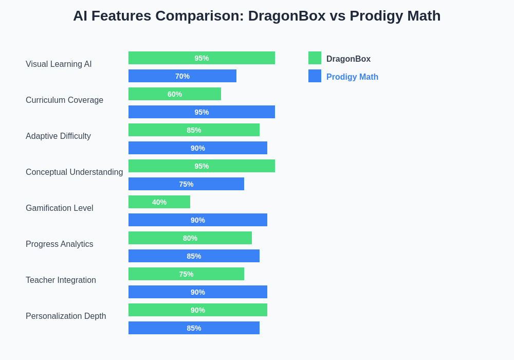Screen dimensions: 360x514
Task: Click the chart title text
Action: pos(256,16)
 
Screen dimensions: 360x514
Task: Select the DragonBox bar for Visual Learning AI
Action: pos(201,58)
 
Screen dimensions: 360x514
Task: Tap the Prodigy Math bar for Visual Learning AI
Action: pos(182,76)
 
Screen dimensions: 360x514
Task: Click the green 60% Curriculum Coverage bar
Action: pos(175,94)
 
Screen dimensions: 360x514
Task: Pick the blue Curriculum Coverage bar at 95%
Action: pos(201,112)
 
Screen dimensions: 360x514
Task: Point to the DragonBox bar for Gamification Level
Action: pos(159,202)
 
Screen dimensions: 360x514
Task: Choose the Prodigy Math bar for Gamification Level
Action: pos(198,220)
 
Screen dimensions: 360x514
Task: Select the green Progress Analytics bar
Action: pos(190,238)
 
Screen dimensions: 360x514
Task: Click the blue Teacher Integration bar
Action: pos(198,292)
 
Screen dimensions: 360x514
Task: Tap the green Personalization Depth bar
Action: pos(198,310)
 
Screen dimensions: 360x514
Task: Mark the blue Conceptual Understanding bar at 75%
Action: pos(186,184)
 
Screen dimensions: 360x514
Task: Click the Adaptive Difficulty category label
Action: pos(58,136)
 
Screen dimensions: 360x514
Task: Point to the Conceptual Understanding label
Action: pos(74,172)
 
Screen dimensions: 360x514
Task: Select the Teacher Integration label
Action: pos(61,280)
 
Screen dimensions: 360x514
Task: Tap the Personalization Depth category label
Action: pos(66,316)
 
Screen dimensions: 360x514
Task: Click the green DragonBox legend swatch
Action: pos(315,58)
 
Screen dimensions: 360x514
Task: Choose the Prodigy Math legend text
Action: pos(352,77)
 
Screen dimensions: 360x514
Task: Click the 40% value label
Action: pos(159,202)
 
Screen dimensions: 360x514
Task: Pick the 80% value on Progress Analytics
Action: pos(190,238)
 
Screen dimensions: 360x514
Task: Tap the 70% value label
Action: pos(182,76)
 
